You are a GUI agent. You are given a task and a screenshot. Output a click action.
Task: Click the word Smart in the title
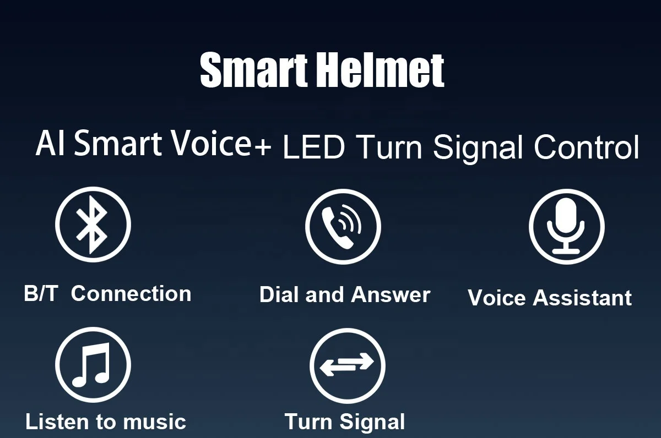(x=254, y=70)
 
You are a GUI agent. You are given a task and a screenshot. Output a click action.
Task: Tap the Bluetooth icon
(x=93, y=224)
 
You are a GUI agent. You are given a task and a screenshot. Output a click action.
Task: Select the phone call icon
(x=343, y=226)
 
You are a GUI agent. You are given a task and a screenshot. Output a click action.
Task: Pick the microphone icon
(x=566, y=227)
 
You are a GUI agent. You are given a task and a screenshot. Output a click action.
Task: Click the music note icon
(x=93, y=364)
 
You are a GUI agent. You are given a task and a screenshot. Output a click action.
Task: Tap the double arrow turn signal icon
(x=347, y=365)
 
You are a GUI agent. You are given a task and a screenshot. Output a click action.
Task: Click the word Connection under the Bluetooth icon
(x=131, y=294)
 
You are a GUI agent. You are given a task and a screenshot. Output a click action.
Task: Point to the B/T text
(x=41, y=294)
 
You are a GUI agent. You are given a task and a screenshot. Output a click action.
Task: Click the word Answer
(x=391, y=295)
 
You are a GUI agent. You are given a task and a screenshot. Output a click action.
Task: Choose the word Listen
(x=57, y=422)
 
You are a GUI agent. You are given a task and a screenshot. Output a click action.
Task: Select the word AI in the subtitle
(x=51, y=144)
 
